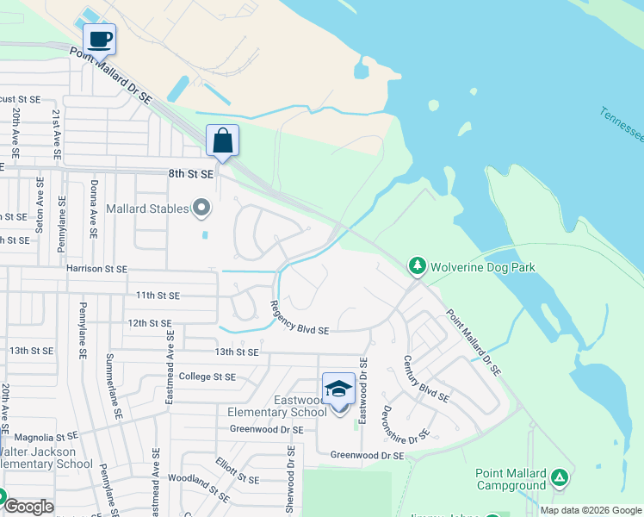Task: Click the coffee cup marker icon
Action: tap(99, 39)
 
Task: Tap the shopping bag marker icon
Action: tap(222, 140)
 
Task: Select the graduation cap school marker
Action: tap(339, 389)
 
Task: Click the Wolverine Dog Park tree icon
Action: tap(418, 265)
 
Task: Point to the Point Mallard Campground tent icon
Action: tap(560, 477)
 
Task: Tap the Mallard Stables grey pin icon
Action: tap(201, 208)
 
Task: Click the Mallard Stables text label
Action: tap(146, 209)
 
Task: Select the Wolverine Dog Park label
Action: tap(483, 267)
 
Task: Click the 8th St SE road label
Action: tap(190, 173)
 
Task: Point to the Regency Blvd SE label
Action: tap(299, 319)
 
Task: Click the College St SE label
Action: tap(207, 377)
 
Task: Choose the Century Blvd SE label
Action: tap(425, 380)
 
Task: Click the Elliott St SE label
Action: tap(238, 471)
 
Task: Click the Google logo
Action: tap(28, 507)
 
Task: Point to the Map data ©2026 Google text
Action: tap(590, 510)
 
